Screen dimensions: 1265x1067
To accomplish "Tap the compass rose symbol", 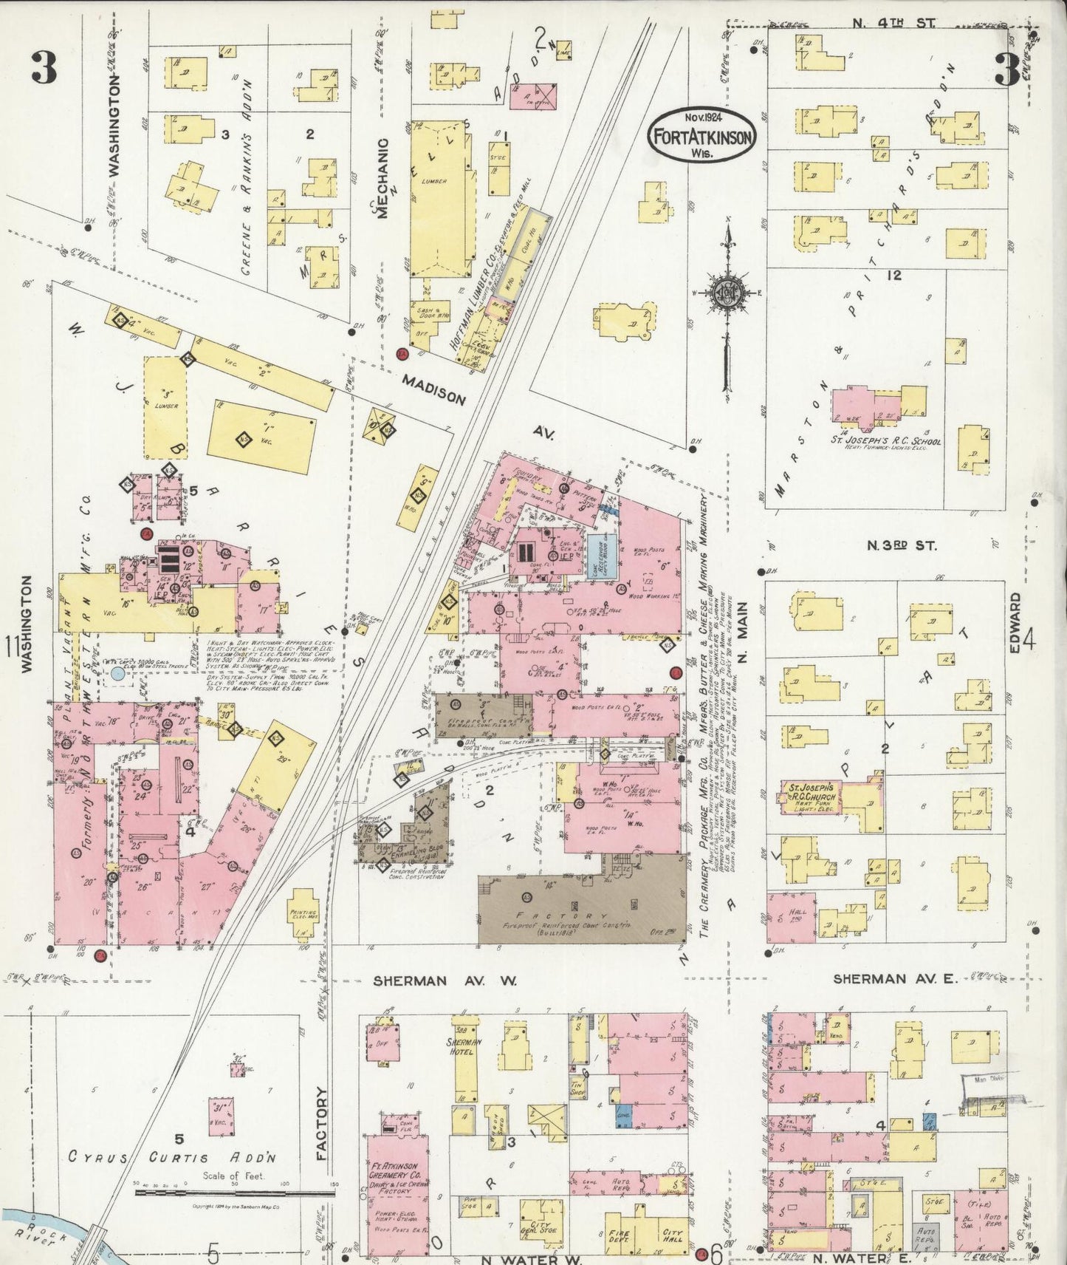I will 727,291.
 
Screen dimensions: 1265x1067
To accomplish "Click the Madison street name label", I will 434,389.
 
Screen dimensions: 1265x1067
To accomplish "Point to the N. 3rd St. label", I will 901,545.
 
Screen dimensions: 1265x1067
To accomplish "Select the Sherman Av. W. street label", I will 445,981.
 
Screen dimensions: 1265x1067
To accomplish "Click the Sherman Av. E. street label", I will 894,978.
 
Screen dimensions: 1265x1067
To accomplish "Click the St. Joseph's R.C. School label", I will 886,442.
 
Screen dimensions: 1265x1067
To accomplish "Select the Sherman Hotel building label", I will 464,1046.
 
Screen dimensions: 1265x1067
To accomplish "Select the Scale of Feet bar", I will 233,1193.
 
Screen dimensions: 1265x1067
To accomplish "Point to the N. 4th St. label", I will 893,23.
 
